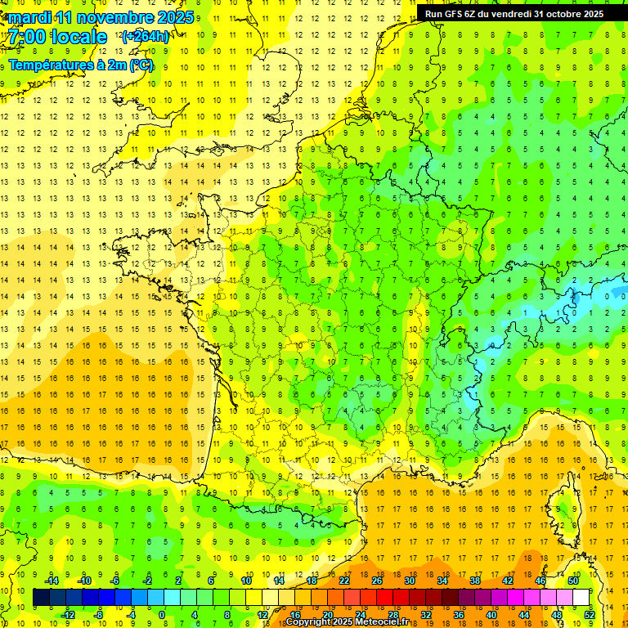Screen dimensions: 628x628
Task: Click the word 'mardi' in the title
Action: click(29, 17)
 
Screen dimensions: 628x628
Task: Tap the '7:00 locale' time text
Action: click(58, 37)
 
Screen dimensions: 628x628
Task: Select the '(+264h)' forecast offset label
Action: click(146, 36)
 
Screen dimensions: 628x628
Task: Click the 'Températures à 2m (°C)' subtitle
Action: click(80, 65)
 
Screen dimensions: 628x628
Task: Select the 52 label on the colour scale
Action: click(590, 615)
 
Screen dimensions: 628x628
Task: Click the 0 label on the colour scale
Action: click(162, 615)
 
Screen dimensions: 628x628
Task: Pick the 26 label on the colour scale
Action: click(377, 581)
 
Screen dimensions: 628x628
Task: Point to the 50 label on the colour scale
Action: click(573, 581)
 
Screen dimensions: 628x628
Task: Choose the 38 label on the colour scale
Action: click(475, 581)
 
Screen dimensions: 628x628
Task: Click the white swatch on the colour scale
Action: click(581, 598)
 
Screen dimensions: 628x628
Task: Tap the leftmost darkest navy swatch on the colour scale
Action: click(41, 598)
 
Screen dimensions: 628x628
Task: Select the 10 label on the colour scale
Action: click(246, 581)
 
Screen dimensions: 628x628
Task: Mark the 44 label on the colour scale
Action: click(524, 615)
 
